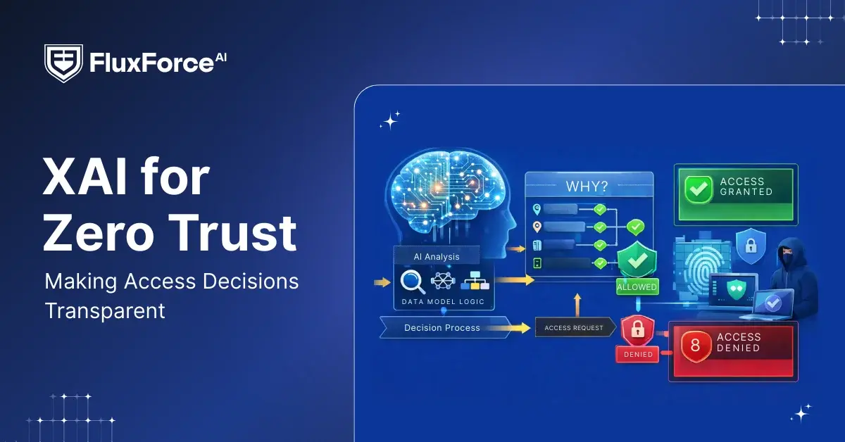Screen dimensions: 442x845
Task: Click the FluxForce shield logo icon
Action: (x=63, y=63)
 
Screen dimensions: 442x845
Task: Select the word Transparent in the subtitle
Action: (x=105, y=310)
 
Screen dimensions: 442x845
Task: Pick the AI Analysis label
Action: (x=436, y=255)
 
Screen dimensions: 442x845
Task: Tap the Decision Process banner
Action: (x=442, y=327)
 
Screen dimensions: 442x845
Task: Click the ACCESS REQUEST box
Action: (x=573, y=328)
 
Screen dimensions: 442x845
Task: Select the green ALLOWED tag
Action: (x=637, y=287)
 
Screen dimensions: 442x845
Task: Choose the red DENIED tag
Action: (x=638, y=354)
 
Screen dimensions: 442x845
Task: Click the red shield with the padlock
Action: (x=638, y=329)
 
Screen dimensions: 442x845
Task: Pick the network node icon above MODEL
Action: (x=444, y=281)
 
